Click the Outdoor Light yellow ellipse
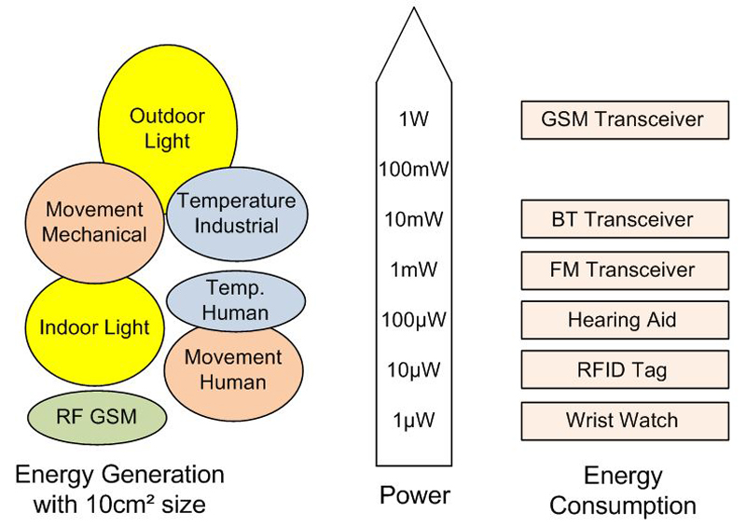(x=166, y=129)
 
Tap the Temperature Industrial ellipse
(x=236, y=213)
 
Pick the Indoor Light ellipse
(x=93, y=327)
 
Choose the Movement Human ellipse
(x=232, y=369)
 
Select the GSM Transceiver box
(x=623, y=119)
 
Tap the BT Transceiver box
(x=623, y=220)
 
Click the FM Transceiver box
(x=623, y=270)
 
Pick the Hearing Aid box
(x=623, y=321)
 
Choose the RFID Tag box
(x=623, y=370)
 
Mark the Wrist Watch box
(x=623, y=420)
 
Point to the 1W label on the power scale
(x=413, y=119)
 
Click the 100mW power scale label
(x=413, y=170)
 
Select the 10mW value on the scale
(x=413, y=220)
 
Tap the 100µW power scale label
(x=413, y=321)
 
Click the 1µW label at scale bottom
(x=413, y=420)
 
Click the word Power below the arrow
(x=414, y=495)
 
